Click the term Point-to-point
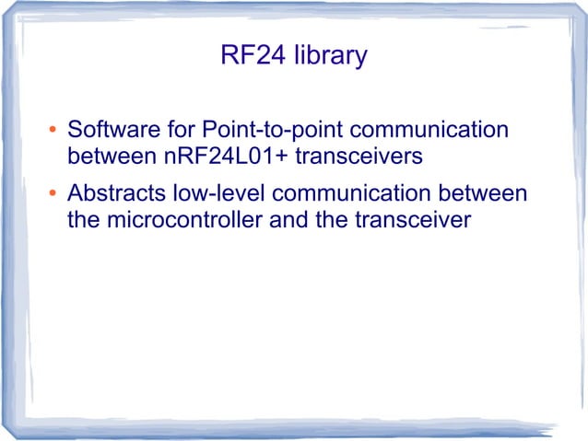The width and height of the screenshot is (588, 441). pyautogui.click(x=265, y=130)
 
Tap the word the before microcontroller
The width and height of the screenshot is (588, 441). pyautogui.click(x=85, y=221)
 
